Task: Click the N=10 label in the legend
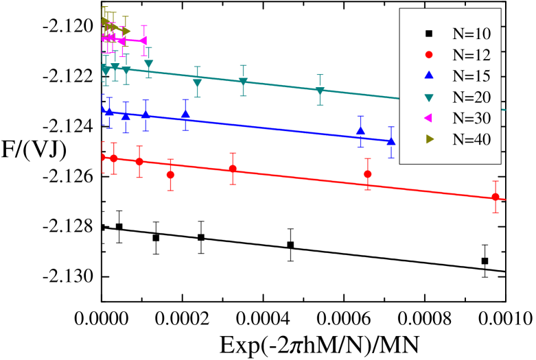tap(471, 34)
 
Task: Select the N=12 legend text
tap(471, 55)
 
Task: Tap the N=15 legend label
tap(471, 76)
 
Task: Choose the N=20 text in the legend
tap(471, 97)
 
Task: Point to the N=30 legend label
tap(471, 118)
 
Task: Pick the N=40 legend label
tap(471, 139)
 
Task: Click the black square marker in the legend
tap(429, 34)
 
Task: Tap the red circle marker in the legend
tap(429, 55)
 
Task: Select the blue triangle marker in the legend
tap(429, 75)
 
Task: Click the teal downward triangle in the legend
tap(429, 97)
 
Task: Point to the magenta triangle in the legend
tap(429, 118)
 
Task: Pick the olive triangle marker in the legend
tap(430, 139)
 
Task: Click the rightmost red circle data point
tap(495, 197)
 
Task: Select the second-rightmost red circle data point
tap(368, 174)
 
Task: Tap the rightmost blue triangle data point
tap(391, 141)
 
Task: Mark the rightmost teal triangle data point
tap(320, 91)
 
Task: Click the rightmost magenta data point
tap(144, 40)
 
